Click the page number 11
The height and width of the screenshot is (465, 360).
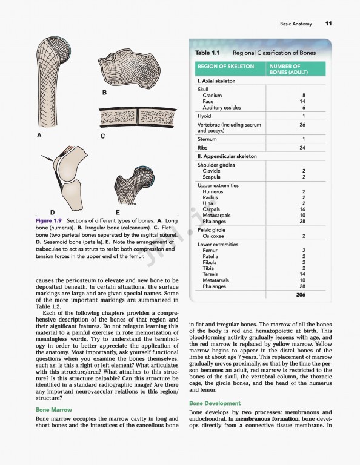point(328,24)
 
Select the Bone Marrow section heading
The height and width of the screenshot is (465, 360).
point(55,410)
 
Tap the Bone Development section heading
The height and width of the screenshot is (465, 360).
point(215,403)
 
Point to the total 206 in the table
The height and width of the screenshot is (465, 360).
point(301,295)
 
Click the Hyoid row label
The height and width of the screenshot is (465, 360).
point(204,116)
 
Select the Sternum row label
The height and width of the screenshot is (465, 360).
point(207,139)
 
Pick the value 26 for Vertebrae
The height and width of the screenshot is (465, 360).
point(302,125)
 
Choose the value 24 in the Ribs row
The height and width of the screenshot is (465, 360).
point(302,148)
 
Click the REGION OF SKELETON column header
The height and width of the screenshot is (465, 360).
point(225,66)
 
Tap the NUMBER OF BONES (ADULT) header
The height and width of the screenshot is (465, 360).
point(293,69)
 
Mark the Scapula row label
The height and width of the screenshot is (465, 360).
point(212,177)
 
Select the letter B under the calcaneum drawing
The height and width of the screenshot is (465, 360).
point(104,93)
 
